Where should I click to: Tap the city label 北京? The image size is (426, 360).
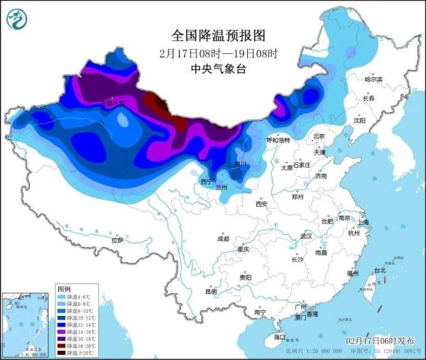click(x=319, y=137)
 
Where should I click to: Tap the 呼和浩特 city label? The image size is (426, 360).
click(x=278, y=141)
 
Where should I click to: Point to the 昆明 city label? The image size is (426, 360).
click(x=212, y=291)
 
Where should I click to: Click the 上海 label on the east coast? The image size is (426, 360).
click(x=364, y=222)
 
